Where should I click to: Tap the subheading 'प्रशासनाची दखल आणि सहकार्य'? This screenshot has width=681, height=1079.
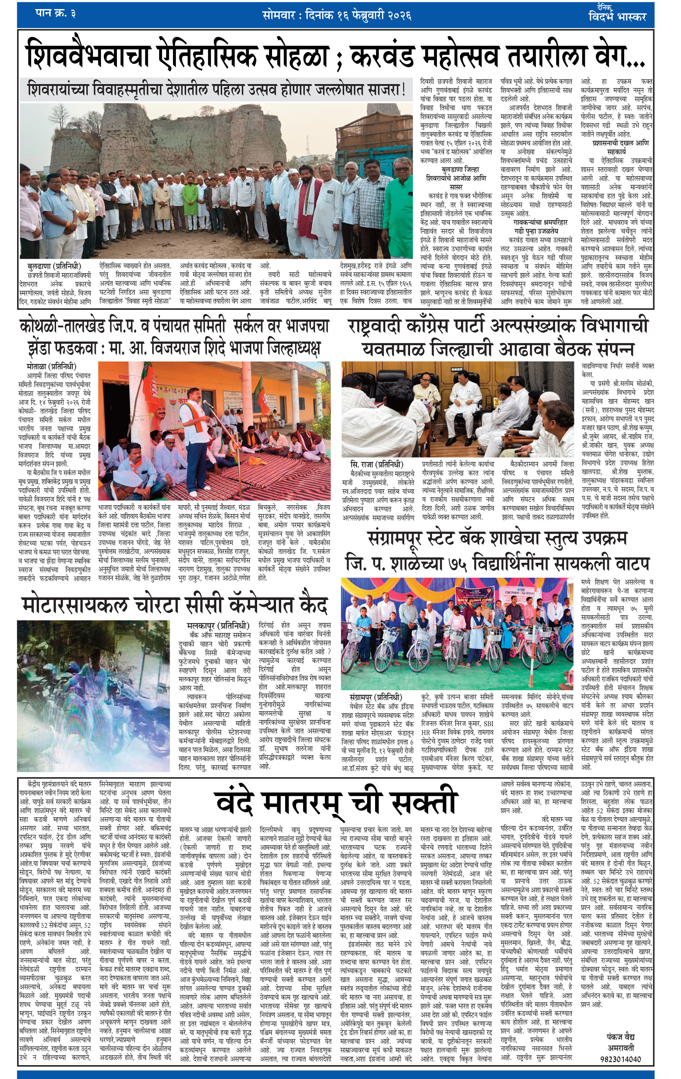click(617, 147)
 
